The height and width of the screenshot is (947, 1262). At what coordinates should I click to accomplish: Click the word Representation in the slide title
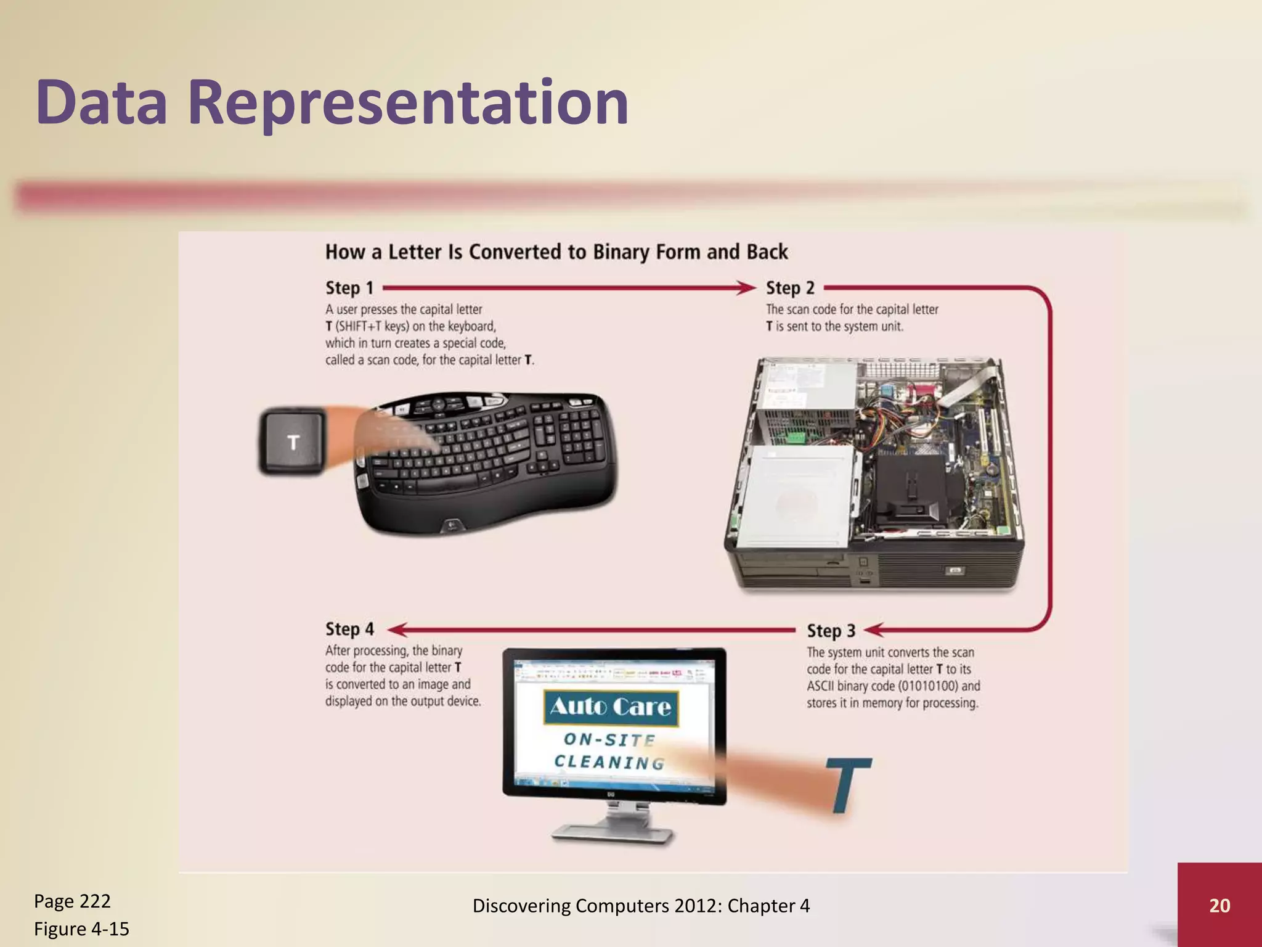point(407,103)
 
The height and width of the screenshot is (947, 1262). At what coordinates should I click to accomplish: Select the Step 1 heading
point(349,288)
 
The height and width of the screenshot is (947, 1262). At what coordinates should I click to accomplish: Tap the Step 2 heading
point(790,288)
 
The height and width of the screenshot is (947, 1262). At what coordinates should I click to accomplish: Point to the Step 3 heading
point(831,631)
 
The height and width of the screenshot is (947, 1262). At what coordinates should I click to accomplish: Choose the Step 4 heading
point(349,629)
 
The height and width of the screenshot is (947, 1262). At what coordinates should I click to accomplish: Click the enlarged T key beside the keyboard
point(293,442)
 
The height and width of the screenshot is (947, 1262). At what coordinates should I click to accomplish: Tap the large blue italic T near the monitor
point(847,784)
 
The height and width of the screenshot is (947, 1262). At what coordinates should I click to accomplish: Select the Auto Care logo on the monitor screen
point(610,707)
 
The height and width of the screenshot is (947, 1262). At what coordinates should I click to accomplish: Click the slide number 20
point(1219,905)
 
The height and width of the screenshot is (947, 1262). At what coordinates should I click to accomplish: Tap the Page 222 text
point(72,901)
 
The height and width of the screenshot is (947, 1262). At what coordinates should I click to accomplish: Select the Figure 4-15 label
point(81,929)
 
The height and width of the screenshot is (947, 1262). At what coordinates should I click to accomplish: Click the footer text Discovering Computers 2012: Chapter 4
point(641,905)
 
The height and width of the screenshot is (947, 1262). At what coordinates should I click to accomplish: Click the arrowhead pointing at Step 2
point(747,288)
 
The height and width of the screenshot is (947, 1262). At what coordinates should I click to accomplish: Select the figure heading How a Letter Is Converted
point(556,252)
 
